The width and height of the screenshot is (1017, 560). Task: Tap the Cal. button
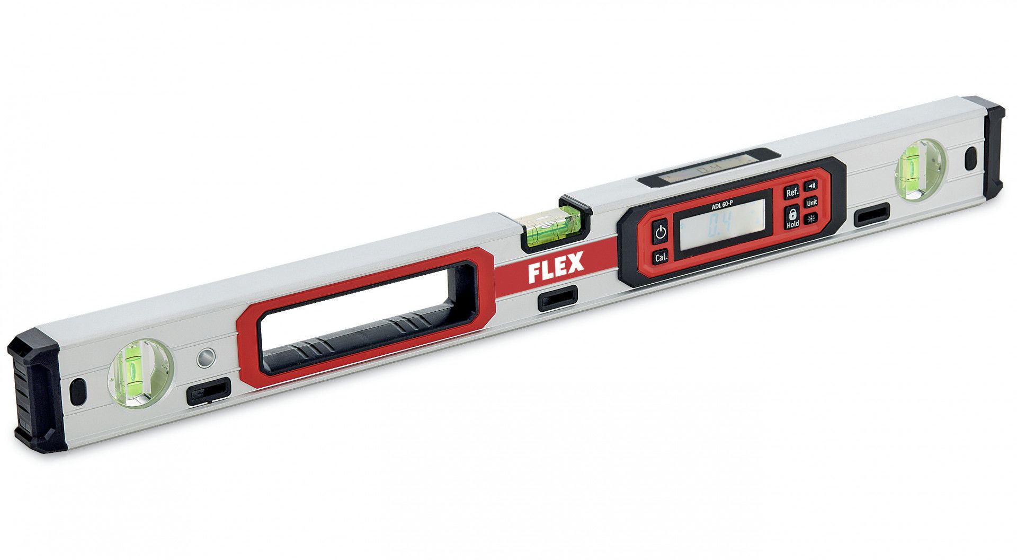661,258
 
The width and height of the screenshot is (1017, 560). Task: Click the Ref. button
791,192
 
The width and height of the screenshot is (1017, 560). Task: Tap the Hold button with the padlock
792,217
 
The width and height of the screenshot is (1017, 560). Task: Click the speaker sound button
811,186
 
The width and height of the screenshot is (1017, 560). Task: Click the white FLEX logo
556,267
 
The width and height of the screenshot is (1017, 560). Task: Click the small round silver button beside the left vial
206,357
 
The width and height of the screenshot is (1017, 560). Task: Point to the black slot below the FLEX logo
557,299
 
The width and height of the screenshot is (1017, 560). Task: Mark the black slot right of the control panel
871,214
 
